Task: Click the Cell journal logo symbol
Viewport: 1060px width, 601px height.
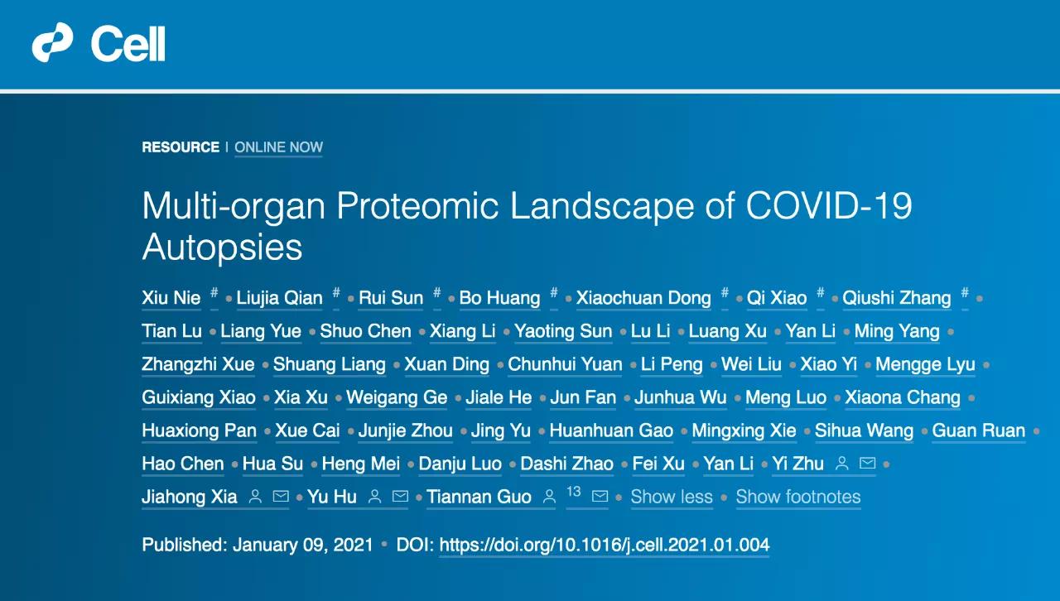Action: [52, 42]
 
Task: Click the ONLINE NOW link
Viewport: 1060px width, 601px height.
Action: [279, 147]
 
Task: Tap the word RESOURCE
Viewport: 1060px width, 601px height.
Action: [181, 147]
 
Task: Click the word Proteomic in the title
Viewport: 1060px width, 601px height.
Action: [417, 206]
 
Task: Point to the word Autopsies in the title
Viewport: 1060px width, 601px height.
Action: [222, 247]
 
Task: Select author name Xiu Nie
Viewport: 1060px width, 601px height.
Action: [171, 298]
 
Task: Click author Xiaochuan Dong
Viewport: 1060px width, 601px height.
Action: [643, 298]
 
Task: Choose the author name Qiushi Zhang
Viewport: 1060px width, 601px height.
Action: [897, 298]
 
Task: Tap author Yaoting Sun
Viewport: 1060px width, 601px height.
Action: [563, 331]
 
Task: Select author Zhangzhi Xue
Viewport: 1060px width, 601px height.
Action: [198, 364]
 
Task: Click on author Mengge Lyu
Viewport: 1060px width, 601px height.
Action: [925, 364]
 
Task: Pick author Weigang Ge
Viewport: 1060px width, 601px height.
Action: [397, 397]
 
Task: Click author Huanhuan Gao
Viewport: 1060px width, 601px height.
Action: [611, 430]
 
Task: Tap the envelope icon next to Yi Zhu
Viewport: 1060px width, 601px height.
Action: [867, 463]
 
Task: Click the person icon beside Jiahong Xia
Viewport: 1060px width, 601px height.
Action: [256, 497]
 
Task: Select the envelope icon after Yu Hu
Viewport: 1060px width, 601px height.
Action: [400, 496]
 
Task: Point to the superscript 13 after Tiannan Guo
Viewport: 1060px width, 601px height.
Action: [574, 492]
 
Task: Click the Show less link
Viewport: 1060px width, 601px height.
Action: [672, 497]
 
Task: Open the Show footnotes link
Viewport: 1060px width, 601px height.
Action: [798, 497]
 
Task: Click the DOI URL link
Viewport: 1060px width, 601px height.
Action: [605, 546]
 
